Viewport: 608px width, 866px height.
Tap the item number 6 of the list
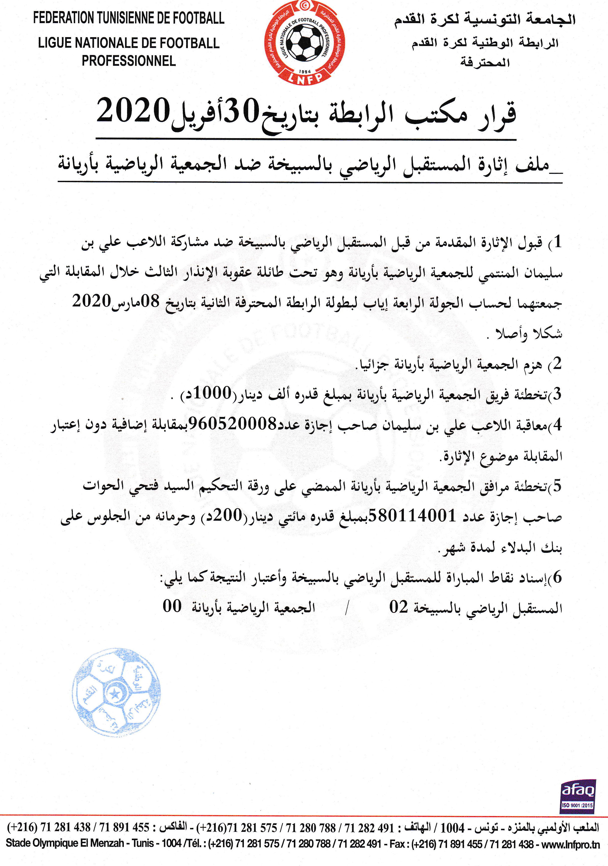557,577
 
